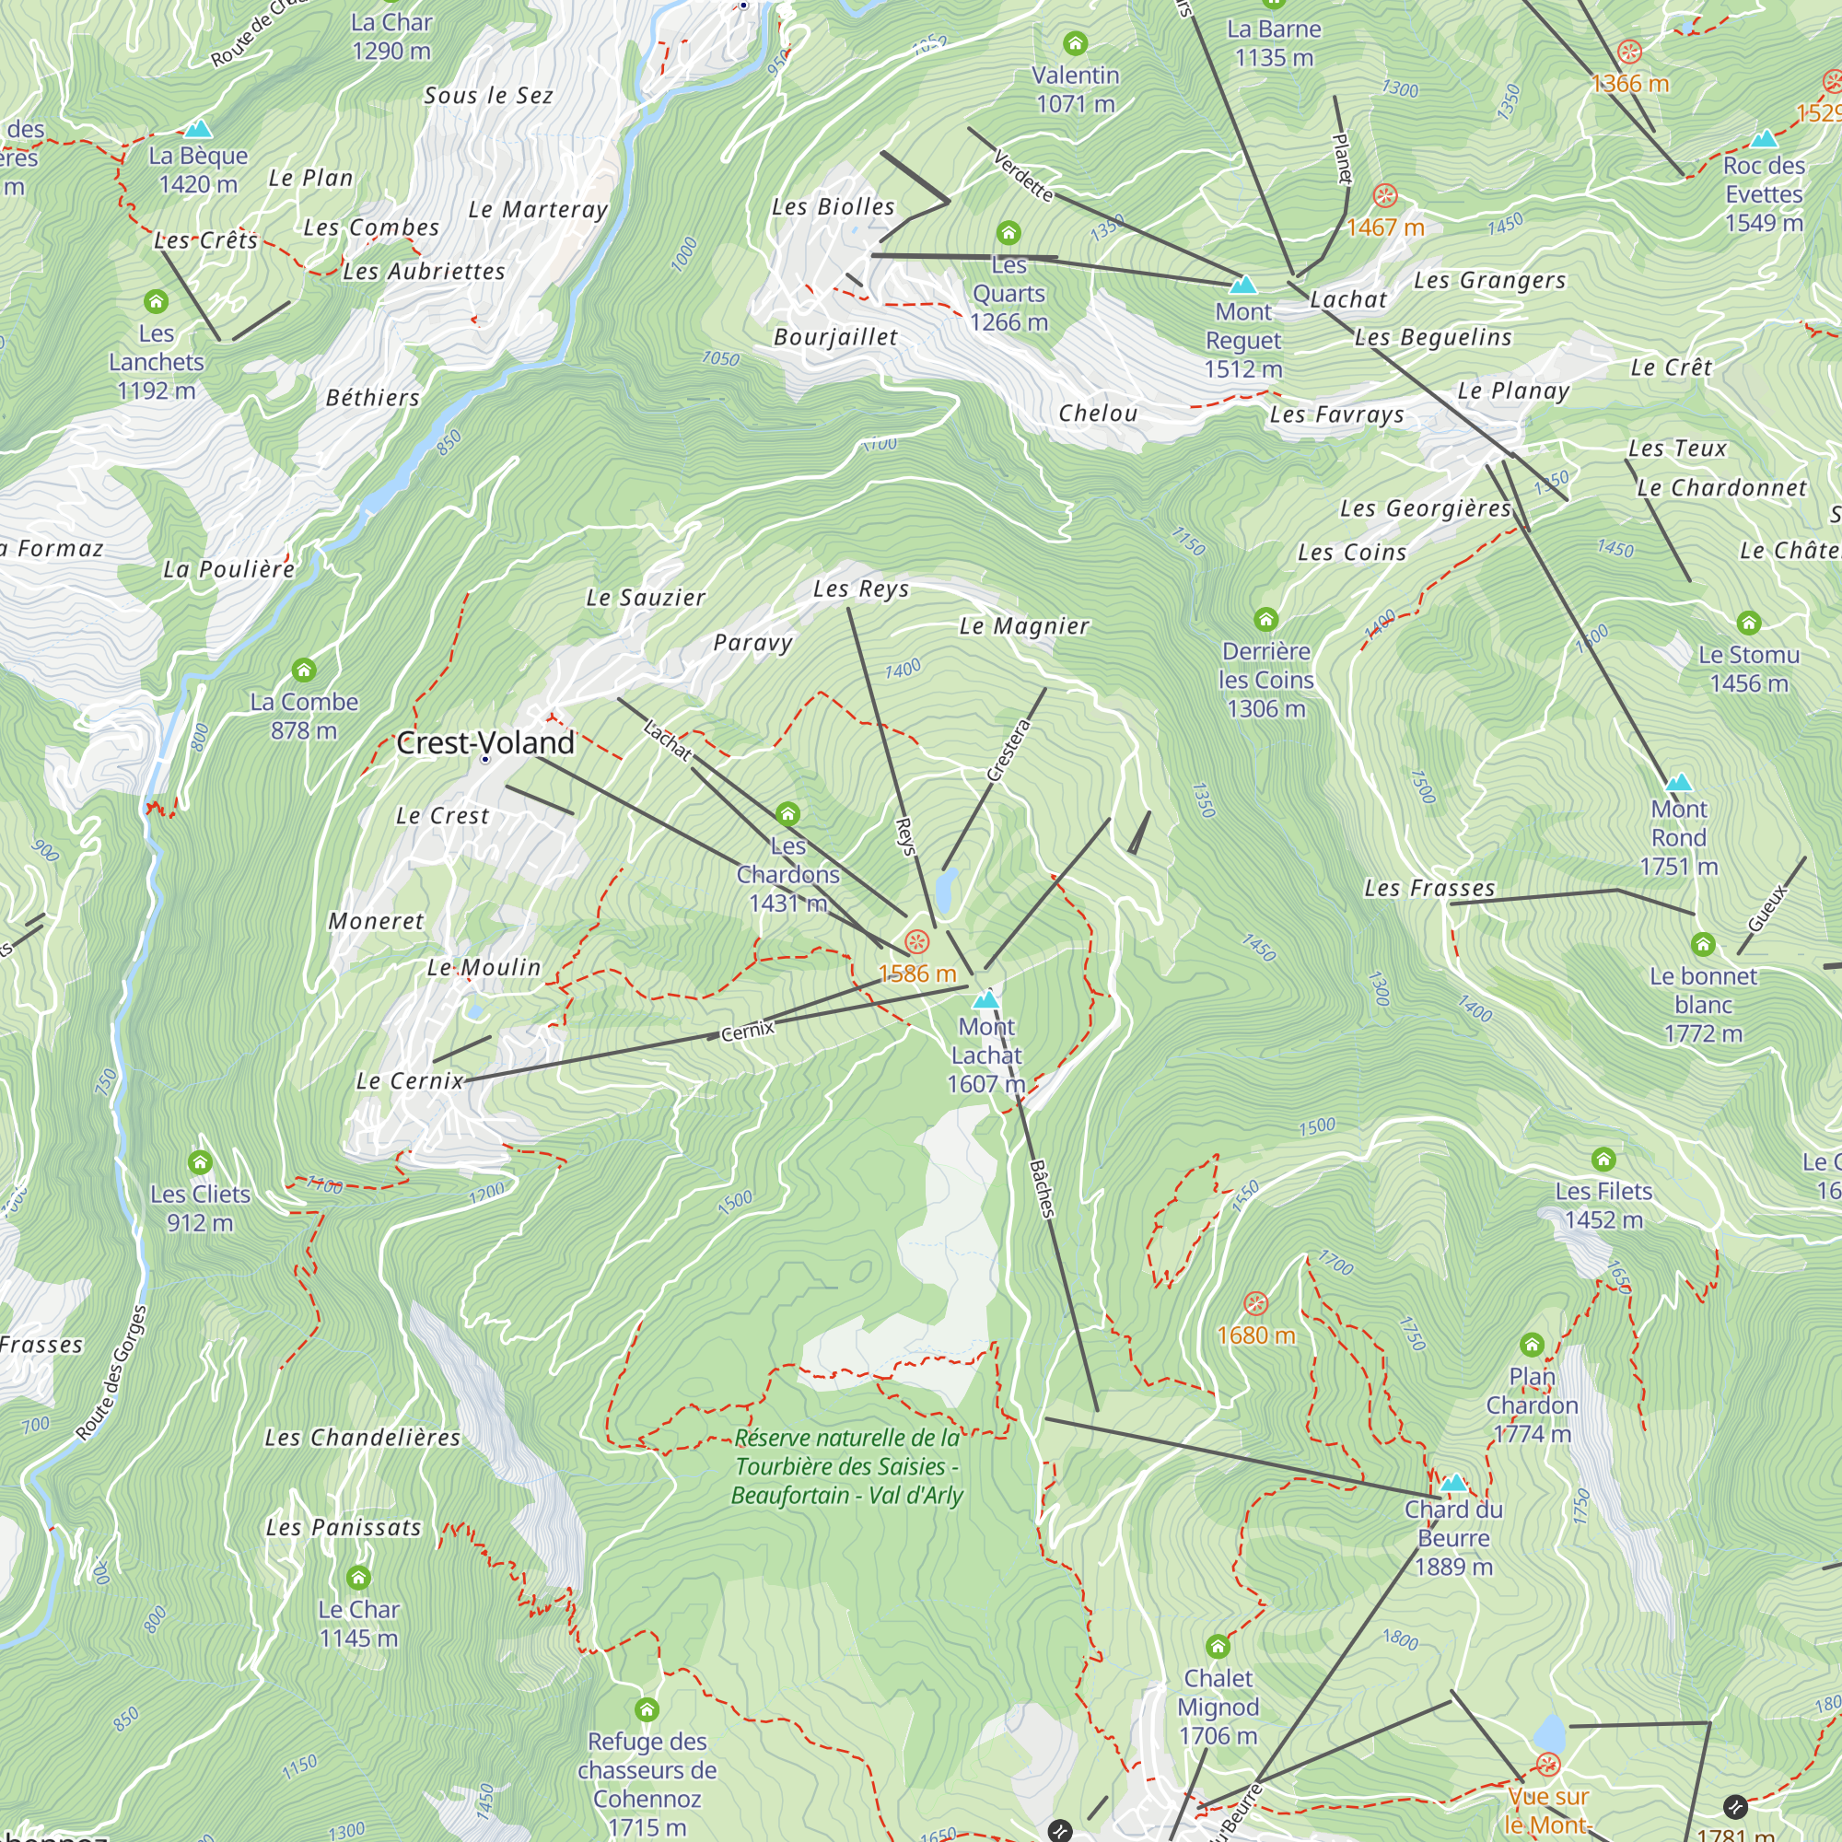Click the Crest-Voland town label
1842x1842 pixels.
pos(485,742)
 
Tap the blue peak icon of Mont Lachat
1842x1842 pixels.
pos(985,999)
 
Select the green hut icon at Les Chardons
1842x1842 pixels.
pos(787,813)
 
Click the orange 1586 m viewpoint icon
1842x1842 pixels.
pos(916,942)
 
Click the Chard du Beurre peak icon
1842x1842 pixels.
pos(1453,1483)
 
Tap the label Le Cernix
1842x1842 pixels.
pos(409,1081)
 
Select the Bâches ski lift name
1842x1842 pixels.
pos(1043,1188)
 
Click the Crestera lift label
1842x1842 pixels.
pos(1008,751)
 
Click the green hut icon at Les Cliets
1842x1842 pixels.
pos(199,1162)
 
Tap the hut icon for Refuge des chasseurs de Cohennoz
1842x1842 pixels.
pos(647,1709)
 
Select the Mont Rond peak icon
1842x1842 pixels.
pos(1678,783)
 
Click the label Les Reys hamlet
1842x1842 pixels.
pos(861,589)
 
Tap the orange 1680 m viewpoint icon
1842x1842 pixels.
pos(1255,1303)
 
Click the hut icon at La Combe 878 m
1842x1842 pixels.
pos(304,670)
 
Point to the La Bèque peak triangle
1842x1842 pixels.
pos(197,129)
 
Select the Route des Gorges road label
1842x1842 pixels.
pos(111,1373)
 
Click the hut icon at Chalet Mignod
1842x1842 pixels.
pos(1218,1647)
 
